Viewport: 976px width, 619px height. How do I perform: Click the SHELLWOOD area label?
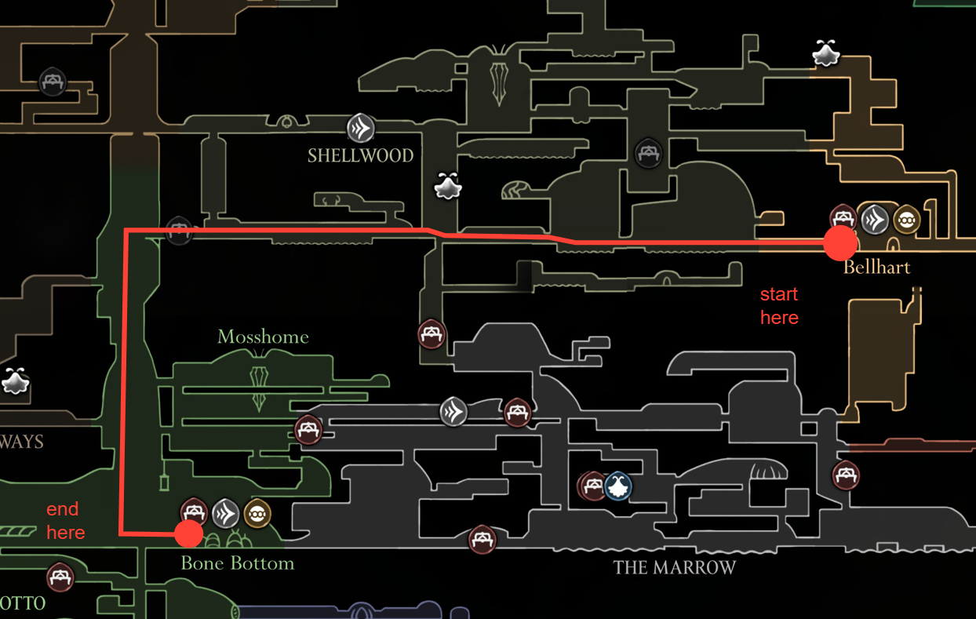[360, 155]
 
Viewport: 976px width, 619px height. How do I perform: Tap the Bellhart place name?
[876, 268]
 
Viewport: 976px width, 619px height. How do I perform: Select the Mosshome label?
[263, 337]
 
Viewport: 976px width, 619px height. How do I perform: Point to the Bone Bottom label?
[237, 563]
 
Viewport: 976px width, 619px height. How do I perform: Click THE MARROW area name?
[674, 567]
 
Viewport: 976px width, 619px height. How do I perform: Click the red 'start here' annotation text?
[779, 306]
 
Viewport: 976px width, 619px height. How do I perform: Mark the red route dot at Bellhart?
[840, 244]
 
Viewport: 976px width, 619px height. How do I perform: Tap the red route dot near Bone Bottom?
[188, 534]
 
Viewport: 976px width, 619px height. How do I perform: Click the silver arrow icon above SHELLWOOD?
[361, 127]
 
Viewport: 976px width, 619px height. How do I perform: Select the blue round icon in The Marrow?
[618, 486]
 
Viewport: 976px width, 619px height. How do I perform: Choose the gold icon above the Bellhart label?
[906, 220]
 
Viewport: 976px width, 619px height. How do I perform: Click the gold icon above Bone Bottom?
[257, 514]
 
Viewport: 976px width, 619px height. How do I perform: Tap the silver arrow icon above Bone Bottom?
[225, 514]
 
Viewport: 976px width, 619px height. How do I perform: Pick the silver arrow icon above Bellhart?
[874, 220]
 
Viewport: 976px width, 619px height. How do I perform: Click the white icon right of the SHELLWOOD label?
[448, 187]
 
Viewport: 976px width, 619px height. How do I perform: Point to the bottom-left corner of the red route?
[122, 533]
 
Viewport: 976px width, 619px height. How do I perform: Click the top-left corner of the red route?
[127, 231]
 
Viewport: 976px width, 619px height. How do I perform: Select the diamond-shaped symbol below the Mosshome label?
[259, 388]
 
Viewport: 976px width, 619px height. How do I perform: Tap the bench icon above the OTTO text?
[60, 578]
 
